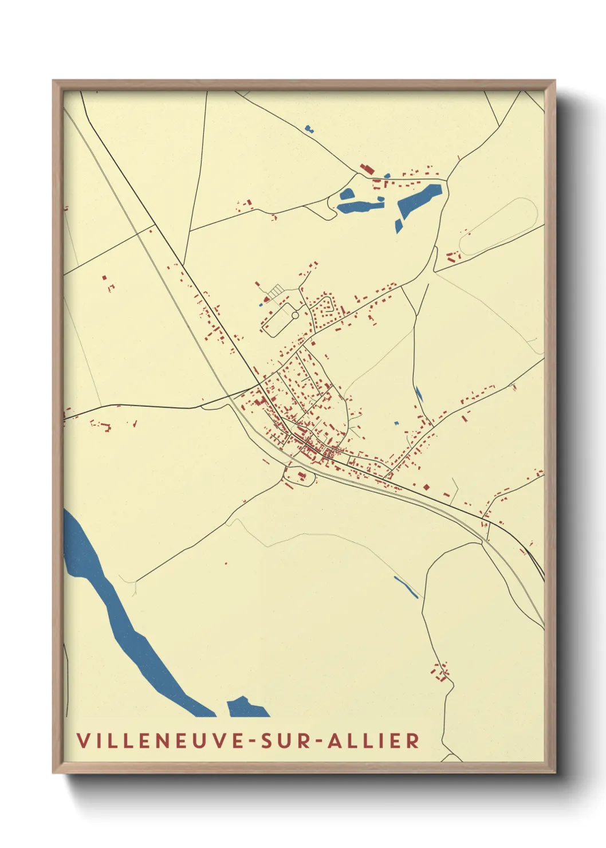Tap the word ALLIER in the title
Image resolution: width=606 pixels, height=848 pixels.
373,740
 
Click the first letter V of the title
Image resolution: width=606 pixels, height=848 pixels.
83,740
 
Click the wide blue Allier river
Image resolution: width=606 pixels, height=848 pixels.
120,619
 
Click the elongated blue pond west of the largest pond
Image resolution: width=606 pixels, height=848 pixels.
358,201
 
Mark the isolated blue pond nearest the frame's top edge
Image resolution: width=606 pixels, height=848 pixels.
310,129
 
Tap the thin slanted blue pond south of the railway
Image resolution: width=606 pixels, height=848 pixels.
406,587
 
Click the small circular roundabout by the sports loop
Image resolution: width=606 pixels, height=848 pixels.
295,315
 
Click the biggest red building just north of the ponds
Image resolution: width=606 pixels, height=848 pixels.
367,169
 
